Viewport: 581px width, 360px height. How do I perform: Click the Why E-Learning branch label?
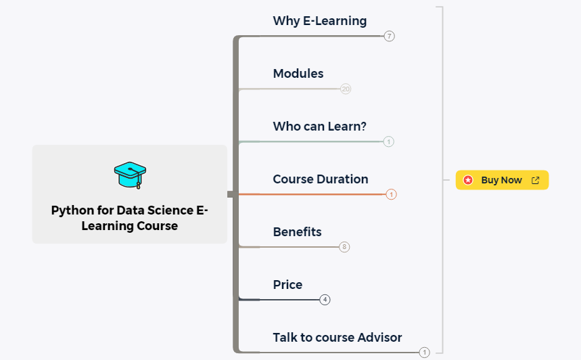click(319, 21)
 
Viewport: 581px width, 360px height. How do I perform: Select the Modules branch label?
click(298, 74)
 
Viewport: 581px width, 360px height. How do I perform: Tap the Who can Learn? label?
click(319, 127)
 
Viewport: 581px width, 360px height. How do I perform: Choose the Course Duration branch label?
click(320, 179)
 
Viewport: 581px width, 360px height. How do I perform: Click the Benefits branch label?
click(297, 232)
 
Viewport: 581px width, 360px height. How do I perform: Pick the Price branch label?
click(287, 285)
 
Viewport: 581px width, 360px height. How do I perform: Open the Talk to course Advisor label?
click(337, 338)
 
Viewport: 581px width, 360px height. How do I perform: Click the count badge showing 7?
click(389, 36)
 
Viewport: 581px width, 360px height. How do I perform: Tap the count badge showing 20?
click(346, 89)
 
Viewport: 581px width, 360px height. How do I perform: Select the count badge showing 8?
click(344, 247)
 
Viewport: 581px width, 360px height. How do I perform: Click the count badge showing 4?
click(325, 300)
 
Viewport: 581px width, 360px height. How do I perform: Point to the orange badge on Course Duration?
click(391, 194)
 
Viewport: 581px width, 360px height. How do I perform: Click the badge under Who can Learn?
click(388, 141)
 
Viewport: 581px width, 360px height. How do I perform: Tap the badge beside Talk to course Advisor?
click(424, 353)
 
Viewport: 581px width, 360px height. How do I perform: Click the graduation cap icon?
click(130, 175)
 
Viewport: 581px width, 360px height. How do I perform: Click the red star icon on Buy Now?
click(468, 180)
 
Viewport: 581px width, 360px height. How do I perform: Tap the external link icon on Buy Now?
click(536, 180)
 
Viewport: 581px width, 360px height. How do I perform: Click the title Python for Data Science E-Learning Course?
click(130, 218)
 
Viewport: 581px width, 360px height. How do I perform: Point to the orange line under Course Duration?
click(311, 194)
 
